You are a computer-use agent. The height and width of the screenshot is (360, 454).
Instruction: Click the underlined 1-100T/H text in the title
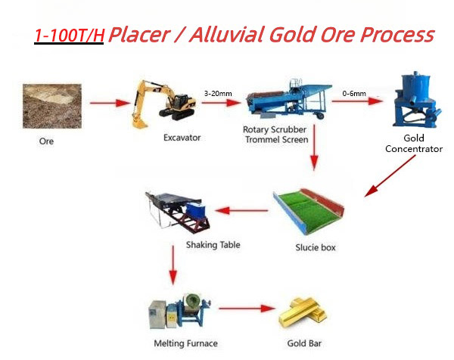click(69, 35)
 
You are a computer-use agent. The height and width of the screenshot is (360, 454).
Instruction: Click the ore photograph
click(50, 104)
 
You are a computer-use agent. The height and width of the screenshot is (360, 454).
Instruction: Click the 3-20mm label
click(218, 93)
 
